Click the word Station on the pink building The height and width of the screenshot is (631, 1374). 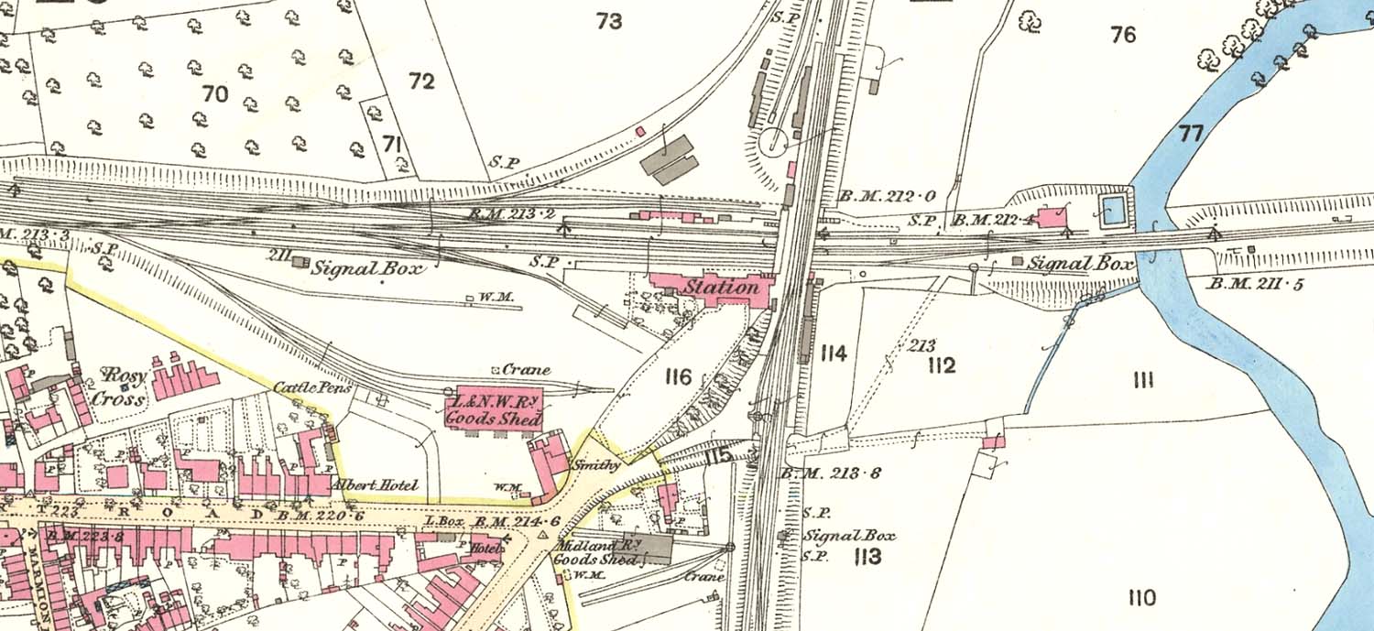click(x=723, y=288)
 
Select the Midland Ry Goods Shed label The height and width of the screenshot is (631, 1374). click(x=596, y=551)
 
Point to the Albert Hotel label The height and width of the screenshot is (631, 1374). click(x=375, y=484)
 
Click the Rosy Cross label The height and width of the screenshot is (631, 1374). click(x=124, y=386)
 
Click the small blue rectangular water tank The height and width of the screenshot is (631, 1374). click(x=1113, y=210)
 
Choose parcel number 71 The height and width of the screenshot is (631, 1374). click(x=392, y=144)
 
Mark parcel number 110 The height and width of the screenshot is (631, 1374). click(x=1141, y=598)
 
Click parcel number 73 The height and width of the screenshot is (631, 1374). click(x=609, y=20)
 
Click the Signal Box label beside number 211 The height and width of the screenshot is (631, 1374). click(x=368, y=269)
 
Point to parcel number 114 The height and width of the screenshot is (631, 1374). click(x=834, y=354)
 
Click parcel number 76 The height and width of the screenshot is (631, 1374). click(x=1123, y=35)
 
